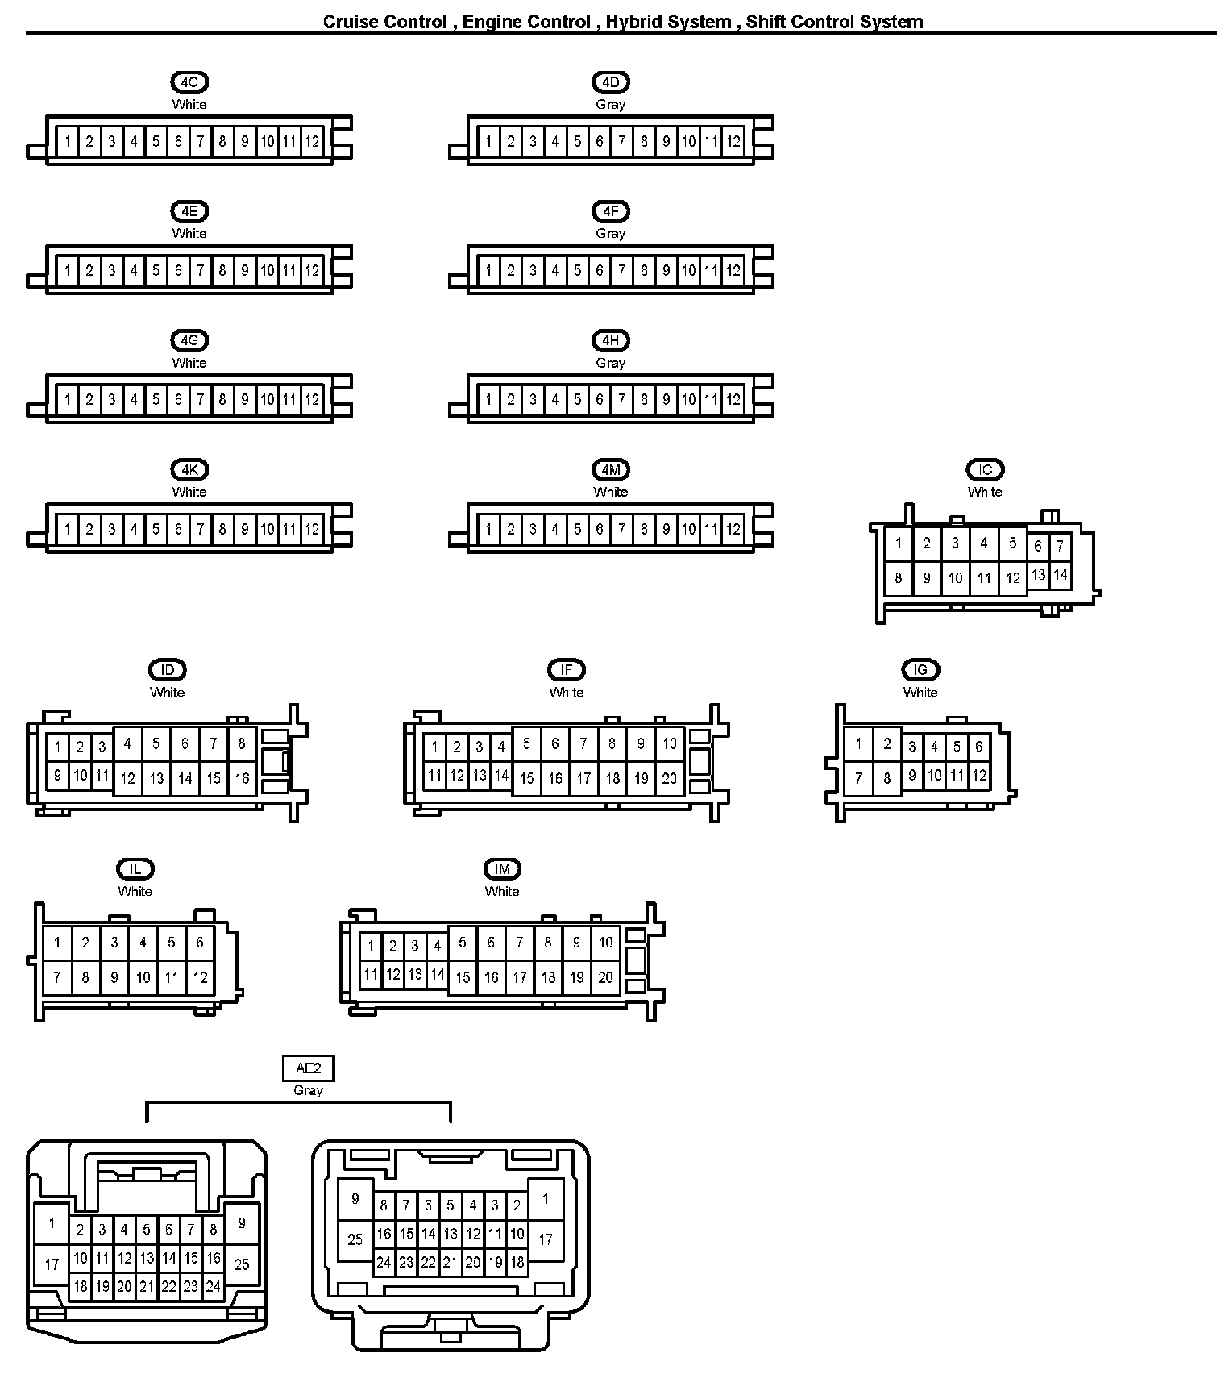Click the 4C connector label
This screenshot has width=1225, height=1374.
pos(189,82)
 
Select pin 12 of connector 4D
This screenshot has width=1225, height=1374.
pos(733,142)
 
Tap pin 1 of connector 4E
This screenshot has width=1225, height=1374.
pos(67,271)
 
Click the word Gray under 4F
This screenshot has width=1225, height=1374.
pos(610,234)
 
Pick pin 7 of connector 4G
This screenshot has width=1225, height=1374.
pos(201,399)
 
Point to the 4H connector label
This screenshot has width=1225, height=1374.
pos(610,341)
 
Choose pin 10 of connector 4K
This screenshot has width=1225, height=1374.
pos(267,530)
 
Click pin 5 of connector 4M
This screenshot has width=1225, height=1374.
pos(577,530)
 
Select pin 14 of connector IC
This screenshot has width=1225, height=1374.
pos(1060,575)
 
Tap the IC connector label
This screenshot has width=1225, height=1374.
pos(985,470)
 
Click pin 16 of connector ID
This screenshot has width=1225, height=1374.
pos(242,778)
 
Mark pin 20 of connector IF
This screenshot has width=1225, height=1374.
pos(669,778)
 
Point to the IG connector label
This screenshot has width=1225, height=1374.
pos(920,670)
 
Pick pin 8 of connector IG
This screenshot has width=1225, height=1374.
pos(887,778)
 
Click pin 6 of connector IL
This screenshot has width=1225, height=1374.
pos(200,942)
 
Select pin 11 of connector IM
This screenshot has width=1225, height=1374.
pos(371,974)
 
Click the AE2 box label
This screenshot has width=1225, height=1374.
pos(308,1069)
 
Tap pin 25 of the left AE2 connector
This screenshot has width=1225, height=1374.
pos(242,1264)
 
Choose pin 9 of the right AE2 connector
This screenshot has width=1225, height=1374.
pos(355,1199)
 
